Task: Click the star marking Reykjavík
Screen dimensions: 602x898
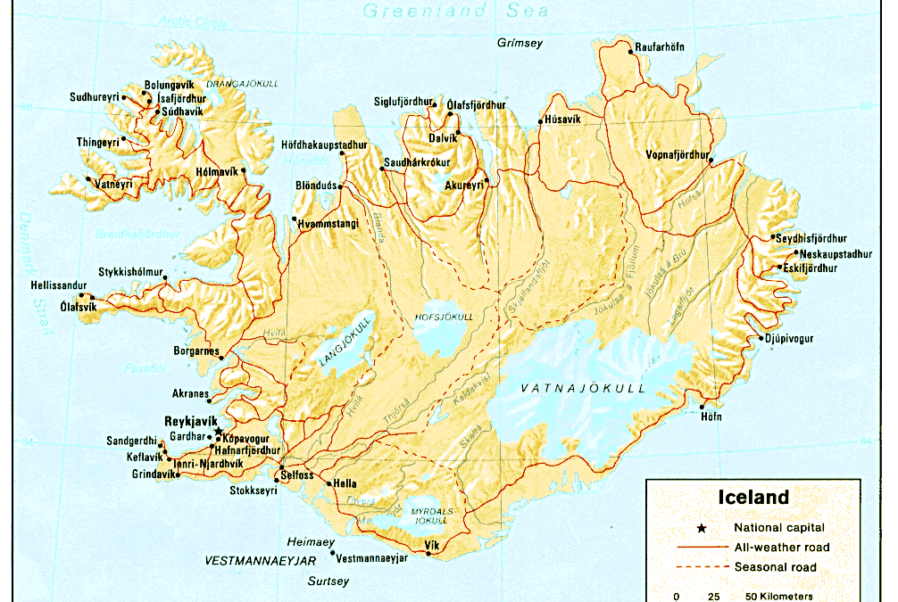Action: coord(219,432)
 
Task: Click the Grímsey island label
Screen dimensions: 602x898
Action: coord(520,43)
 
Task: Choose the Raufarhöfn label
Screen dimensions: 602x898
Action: coord(661,46)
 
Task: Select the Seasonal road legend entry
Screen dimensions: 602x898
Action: coord(775,567)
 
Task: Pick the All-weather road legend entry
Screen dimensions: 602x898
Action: coord(782,548)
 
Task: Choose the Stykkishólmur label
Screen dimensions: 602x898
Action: coord(131,272)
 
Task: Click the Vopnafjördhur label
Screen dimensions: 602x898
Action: coord(678,154)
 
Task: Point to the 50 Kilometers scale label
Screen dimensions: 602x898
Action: coord(775,596)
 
